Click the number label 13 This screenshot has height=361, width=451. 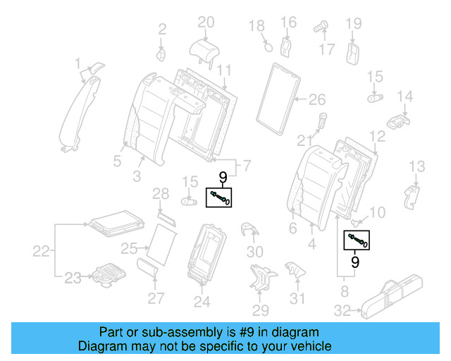(417, 166)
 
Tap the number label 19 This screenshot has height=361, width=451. (352, 24)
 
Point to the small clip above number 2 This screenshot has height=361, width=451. (160, 54)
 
